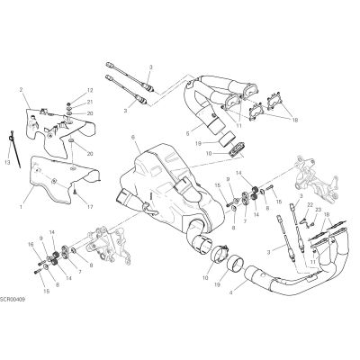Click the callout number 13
(x=7, y=162)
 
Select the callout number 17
(x=90, y=207)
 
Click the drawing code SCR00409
(x=13, y=300)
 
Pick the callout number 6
(x=133, y=138)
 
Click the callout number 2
(x=22, y=89)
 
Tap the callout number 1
(x=21, y=207)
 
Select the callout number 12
(x=90, y=90)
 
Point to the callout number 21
(x=90, y=102)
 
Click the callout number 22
(x=310, y=204)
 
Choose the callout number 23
(x=318, y=210)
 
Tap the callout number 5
(x=187, y=133)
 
